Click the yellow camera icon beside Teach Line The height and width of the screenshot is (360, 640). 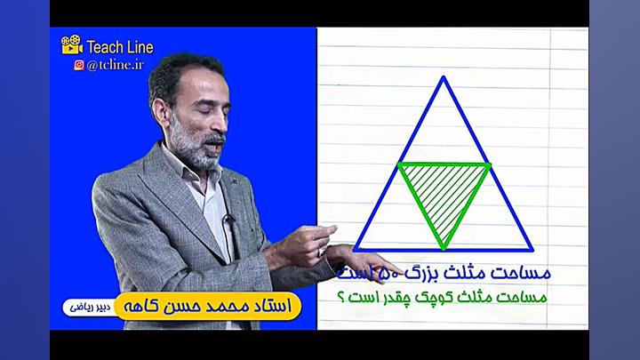click(72, 45)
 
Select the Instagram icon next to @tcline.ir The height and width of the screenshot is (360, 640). click(79, 64)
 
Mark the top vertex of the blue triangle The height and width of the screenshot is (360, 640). click(444, 79)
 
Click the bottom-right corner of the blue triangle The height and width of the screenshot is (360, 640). click(532, 250)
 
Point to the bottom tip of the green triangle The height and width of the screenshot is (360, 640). click(444, 246)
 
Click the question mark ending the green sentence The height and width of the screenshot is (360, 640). click(341, 298)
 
